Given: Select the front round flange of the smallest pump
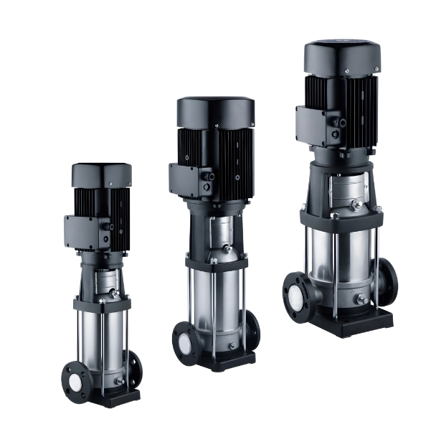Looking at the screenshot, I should click(73, 375).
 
